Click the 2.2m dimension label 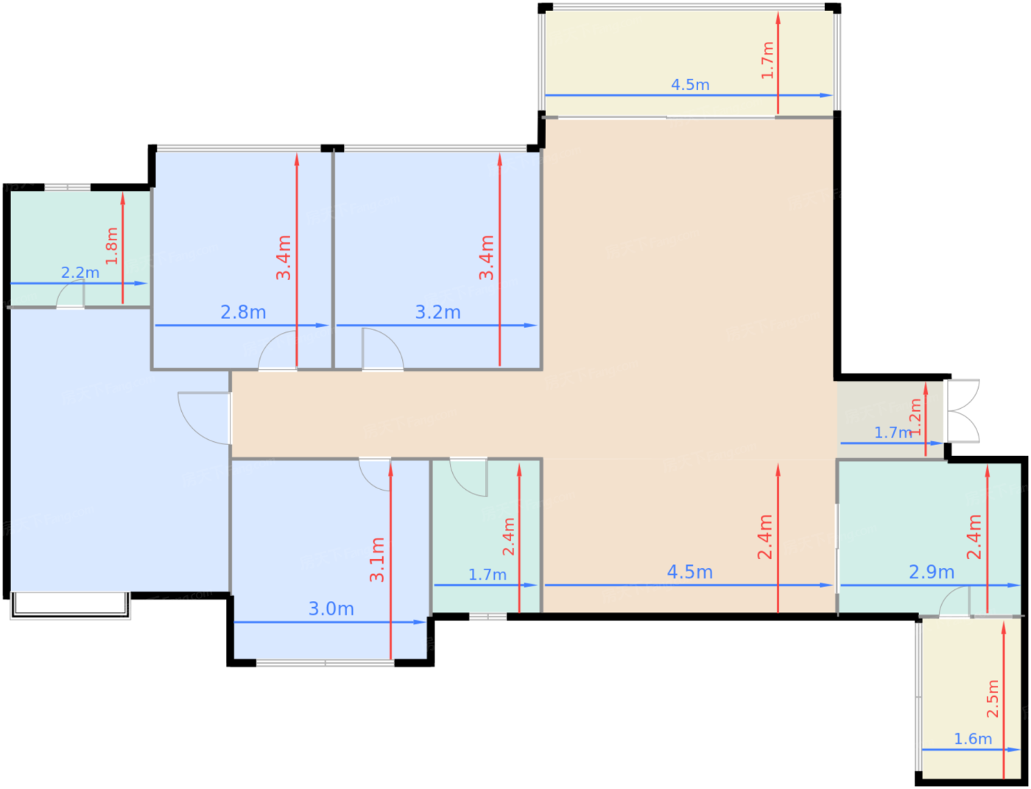point(80,273)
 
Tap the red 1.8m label point(112,246)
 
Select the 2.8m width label point(243,312)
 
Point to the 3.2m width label point(437,312)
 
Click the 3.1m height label point(377,560)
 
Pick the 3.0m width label point(331,609)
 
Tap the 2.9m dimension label point(932,572)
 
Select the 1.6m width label point(973,739)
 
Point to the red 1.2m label point(915,417)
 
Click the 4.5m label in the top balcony point(690,85)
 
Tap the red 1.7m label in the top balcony point(767,60)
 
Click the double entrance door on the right point(963,411)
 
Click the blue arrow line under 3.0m point(330,623)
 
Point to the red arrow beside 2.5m point(1004,700)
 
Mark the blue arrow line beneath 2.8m point(242,325)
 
